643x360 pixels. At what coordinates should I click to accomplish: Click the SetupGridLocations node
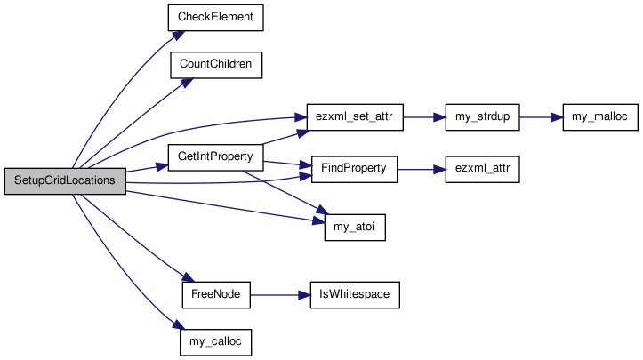65,180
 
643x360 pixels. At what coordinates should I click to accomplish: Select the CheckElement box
216,18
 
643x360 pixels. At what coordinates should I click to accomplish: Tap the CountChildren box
216,65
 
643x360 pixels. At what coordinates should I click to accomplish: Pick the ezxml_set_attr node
355,117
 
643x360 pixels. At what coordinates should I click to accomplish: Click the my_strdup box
482,117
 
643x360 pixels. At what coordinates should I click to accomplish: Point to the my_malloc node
600,117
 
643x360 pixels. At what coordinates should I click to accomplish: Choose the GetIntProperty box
215,157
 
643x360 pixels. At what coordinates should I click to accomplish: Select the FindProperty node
354,169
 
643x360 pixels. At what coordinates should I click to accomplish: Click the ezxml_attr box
482,169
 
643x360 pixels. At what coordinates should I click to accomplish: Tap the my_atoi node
355,228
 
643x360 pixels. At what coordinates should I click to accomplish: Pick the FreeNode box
216,295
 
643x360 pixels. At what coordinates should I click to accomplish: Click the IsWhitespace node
355,295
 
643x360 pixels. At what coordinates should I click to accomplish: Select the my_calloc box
216,342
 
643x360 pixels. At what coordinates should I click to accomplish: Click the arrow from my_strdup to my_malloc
542,117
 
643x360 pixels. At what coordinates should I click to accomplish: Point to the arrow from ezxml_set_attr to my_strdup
424,117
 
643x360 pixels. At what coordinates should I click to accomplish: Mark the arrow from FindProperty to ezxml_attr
422,169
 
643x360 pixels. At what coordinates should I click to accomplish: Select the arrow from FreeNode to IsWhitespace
280,295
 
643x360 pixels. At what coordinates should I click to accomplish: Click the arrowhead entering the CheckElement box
179,36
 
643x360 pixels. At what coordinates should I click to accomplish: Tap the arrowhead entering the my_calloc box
180,324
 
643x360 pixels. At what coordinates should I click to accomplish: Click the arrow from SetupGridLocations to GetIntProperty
147,168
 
